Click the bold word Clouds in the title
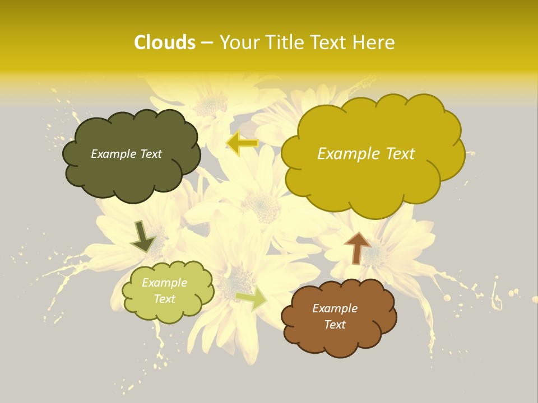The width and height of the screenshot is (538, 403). pos(165,43)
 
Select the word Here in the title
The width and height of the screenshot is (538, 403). pos(374,43)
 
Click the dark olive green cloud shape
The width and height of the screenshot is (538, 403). pos(132,174)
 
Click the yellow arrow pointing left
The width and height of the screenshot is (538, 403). pos(242,143)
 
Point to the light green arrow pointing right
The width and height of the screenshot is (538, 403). pos(252,298)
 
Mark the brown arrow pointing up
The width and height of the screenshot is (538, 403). pos(357,247)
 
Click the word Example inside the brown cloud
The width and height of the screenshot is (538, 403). pos(335,308)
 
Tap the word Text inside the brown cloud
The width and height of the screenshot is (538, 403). pos(335,325)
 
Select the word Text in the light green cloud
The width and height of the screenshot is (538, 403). pos(165,299)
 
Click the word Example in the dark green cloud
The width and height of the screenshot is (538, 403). pos(113,154)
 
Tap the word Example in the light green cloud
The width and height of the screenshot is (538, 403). pos(165,283)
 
